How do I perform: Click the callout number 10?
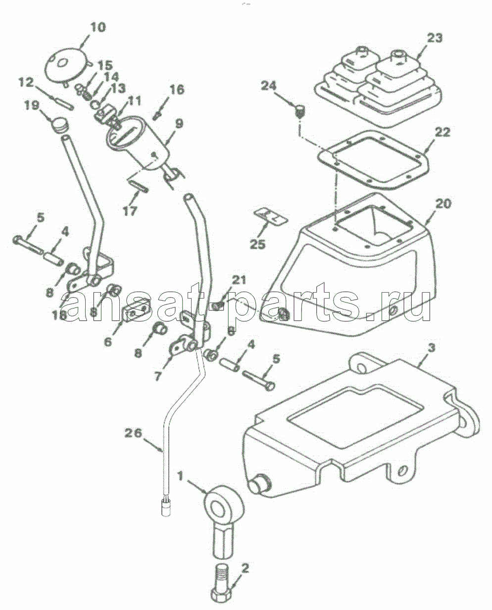click(x=98, y=27)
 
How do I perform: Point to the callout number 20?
click(x=443, y=203)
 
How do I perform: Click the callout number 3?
click(x=431, y=348)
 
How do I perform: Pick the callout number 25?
click(x=258, y=244)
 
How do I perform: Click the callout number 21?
click(x=239, y=280)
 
